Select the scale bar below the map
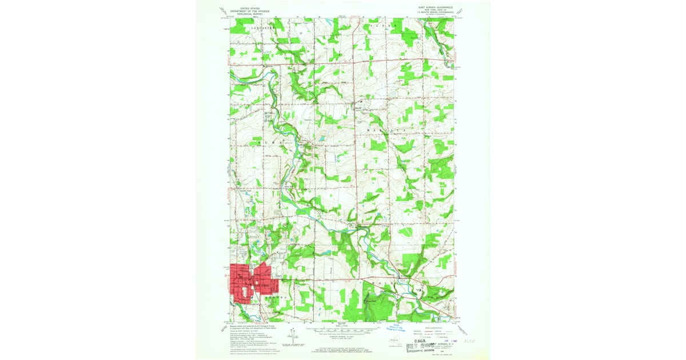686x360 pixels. coord(343,328)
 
